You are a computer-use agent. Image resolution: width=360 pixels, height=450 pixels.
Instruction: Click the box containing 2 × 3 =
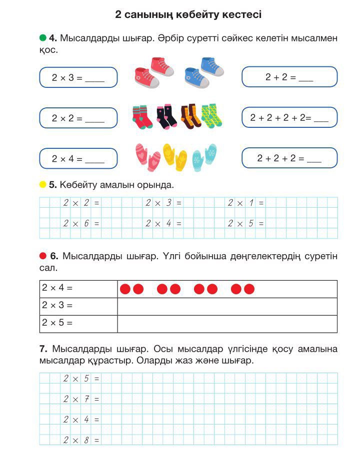tap(78, 77)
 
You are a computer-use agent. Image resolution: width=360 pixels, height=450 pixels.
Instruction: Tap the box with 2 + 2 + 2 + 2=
tap(289, 118)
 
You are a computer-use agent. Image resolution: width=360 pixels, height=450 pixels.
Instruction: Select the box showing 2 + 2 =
tap(289, 77)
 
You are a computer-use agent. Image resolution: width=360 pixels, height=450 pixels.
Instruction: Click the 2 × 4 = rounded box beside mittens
tap(78, 159)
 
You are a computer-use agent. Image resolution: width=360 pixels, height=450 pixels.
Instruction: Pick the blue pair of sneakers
tap(204, 72)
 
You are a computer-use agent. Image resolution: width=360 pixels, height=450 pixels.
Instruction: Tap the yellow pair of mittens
tap(174, 157)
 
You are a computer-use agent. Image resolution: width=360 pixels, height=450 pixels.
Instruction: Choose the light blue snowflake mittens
tap(204, 157)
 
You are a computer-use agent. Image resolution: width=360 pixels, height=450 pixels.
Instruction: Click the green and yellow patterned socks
tap(211, 116)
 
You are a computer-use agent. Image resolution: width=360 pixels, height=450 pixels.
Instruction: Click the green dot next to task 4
tap(42, 38)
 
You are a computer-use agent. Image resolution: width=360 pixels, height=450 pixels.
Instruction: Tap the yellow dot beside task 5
tap(42, 185)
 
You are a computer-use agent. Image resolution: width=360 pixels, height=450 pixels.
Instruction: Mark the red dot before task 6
tap(42, 256)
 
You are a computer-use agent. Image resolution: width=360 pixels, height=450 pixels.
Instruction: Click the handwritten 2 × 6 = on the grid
tap(81, 224)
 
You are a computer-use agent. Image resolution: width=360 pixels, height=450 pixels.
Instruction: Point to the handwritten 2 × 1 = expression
tap(245, 203)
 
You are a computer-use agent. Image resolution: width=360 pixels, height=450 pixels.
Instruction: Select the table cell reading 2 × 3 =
tap(78, 306)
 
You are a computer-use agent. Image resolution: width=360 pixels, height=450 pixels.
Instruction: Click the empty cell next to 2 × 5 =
tap(227, 323)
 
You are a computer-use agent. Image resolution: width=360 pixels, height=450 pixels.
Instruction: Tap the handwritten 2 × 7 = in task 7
tap(81, 399)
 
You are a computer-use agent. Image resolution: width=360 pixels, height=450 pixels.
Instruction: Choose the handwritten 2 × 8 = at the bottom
tap(81, 440)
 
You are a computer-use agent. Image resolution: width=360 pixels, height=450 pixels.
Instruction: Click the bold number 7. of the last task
tap(43, 348)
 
